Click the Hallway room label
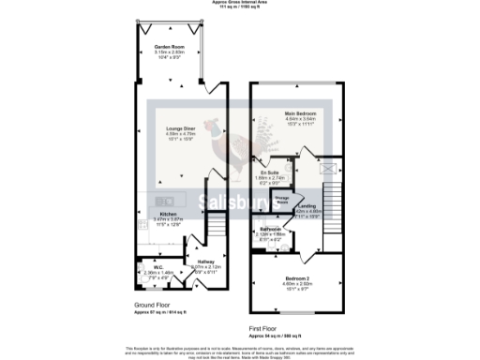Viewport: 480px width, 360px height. click(x=205, y=262)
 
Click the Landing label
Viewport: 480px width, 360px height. click(x=307, y=205)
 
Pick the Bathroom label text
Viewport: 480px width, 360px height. click(x=271, y=230)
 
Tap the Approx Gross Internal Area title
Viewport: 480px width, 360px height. click(x=239, y=4)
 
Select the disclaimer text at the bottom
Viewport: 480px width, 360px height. click(x=239, y=352)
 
